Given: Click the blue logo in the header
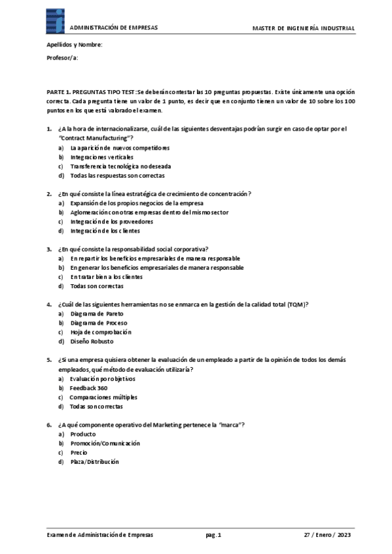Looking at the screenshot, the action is click(x=56, y=22).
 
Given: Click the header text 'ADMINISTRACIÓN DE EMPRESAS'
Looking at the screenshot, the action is click(x=113, y=28).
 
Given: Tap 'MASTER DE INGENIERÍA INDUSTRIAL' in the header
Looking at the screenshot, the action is click(x=304, y=28).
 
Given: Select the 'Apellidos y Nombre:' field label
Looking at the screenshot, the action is click(x=74, y=44).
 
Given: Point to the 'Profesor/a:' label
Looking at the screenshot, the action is click(x=62, y=58).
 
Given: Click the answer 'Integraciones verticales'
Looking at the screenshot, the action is click(x=101, y=157).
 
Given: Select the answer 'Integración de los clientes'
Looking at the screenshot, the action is click(x=105, y=231).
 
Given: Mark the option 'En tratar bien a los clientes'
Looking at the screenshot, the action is click(x=106, y=276).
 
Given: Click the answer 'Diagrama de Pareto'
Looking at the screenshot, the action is click(x=96, y=314).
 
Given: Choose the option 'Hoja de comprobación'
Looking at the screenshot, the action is click(x=105, y=332).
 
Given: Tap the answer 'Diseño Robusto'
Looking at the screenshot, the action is click(x=92, y=341).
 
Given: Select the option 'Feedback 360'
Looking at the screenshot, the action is click(x=88, y=387).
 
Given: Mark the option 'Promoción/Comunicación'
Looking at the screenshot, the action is click(x=105, y=443).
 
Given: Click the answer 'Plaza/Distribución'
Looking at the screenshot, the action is click(x=95, y=461).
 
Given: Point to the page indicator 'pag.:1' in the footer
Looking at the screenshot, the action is click(x=213, y=534).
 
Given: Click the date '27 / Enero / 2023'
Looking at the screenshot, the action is click(x=327, y=534).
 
